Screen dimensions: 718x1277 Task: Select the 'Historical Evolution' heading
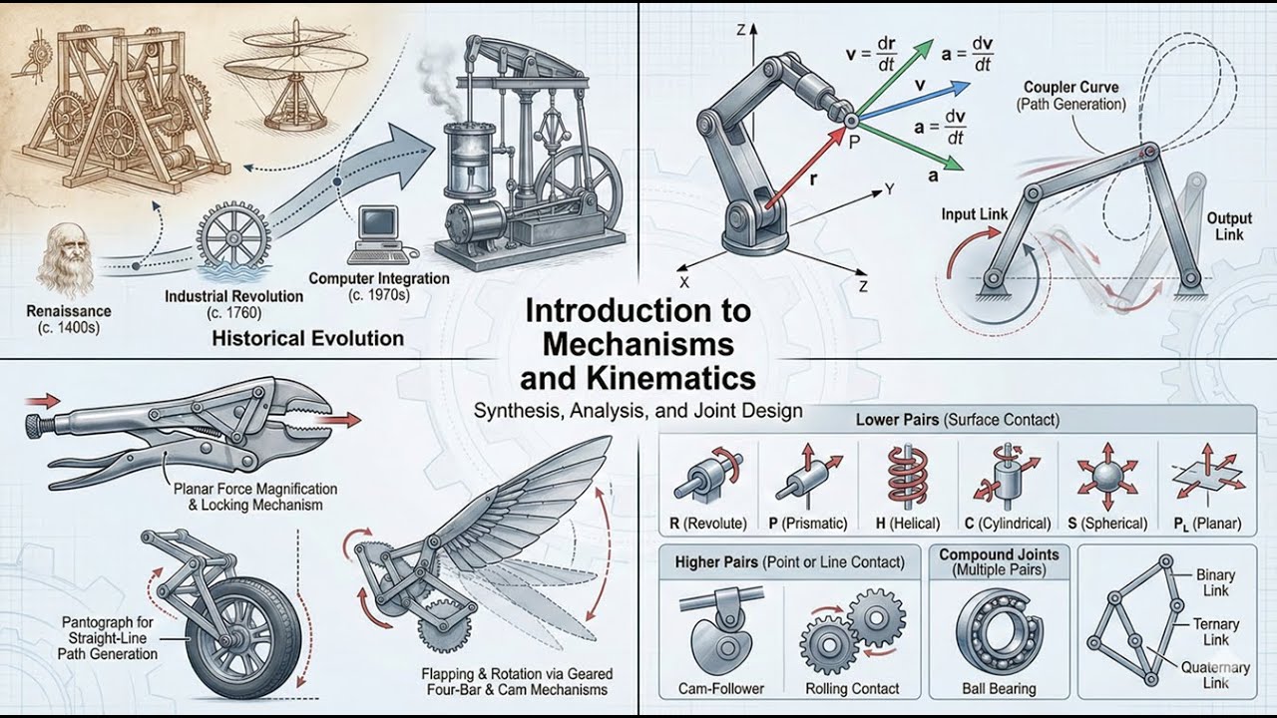point(307,338)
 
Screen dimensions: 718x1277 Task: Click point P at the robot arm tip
point(851,120)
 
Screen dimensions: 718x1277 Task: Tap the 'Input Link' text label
point(974,214)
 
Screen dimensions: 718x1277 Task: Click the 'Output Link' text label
point(1228,226)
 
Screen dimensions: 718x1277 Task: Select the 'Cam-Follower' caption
point(720,688)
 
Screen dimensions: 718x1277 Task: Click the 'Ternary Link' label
point(1215,631)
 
